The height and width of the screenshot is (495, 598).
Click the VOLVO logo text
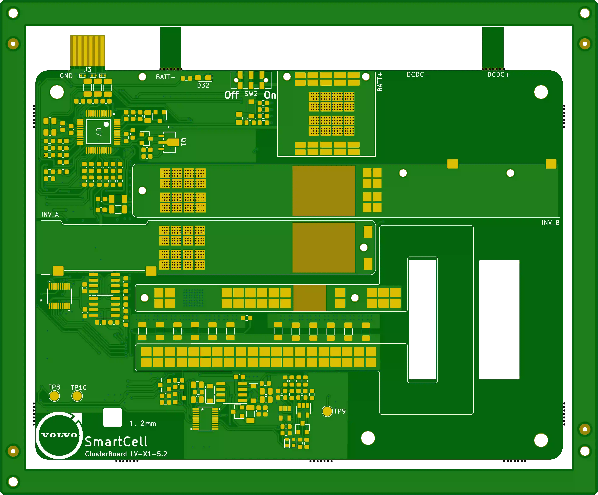click(59, 435)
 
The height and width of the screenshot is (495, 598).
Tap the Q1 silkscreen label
click(184, 141)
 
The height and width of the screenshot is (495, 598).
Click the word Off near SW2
click(232, 95)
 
